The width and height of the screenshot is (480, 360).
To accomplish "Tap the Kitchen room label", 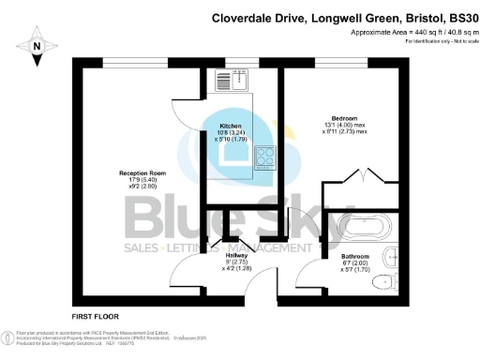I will point(232,126).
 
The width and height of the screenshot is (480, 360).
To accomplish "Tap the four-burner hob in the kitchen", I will point(263,157).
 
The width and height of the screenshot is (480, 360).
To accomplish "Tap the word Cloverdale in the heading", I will point(247,17).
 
